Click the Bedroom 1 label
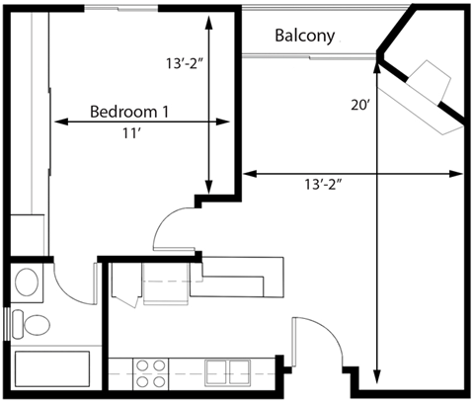point(129,111)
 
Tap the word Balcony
point(304,37)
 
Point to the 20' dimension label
point(360,104)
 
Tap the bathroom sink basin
point(27,283)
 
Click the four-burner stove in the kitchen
point(150,372)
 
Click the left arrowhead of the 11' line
point(57,122)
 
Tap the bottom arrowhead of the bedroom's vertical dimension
point(208,190)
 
